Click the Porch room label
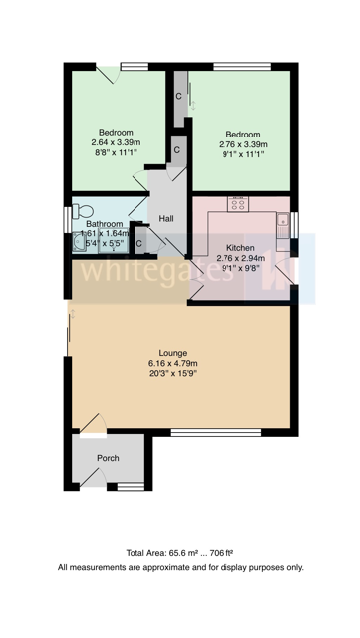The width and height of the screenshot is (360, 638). [x=107, y=458]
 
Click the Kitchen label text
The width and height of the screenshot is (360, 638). [x=241, y=247]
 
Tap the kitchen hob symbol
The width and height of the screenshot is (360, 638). [x=238, y=204]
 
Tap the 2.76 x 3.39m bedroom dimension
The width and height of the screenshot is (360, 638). [x=241, y=145]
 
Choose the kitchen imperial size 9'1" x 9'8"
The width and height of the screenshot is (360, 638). [x=241, y=269]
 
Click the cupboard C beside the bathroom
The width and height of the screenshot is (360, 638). [x=138, y=243]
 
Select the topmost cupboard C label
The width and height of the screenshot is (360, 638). [x=178, y=96]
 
